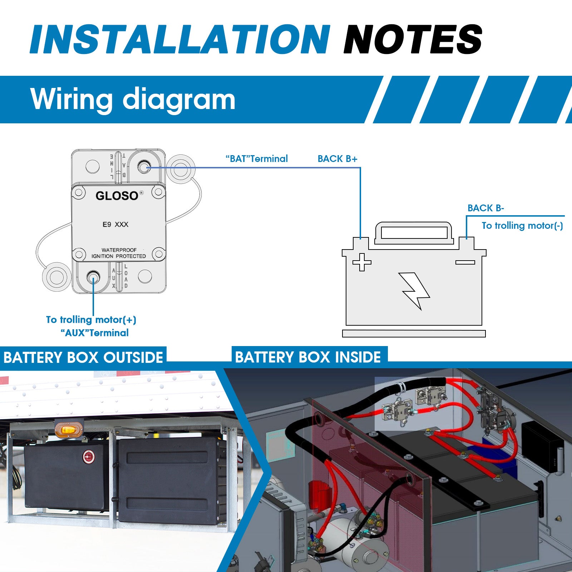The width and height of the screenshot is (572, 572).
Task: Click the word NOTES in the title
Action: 413,39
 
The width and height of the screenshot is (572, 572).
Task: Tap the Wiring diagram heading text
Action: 133,99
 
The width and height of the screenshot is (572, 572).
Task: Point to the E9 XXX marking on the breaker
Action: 115,225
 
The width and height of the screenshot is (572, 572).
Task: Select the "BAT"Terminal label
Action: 257,159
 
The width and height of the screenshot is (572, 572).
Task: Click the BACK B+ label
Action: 337,159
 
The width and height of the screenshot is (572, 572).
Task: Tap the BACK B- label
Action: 485,208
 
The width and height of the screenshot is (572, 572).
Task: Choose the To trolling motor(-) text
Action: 522,226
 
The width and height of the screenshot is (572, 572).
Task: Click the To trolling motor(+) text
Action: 91,320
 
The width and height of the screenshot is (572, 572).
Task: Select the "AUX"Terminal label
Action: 94,333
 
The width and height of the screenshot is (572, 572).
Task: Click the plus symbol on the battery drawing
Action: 362,262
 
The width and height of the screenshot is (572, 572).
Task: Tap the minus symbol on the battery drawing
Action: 465,262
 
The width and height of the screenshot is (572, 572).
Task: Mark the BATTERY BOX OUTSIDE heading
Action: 83,357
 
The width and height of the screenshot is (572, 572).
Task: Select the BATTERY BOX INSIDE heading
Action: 308,357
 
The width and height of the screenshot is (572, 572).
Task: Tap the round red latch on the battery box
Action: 88,457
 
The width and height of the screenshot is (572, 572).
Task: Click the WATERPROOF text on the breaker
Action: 119,250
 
